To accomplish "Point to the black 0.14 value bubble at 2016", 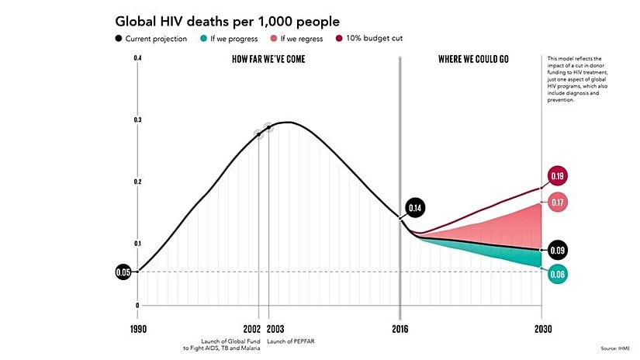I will click(x=415, y=209).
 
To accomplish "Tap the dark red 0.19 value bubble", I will click(x=557, y=176).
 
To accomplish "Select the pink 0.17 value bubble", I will click(x=557, y=202).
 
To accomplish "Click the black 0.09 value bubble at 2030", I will click(x=557, y=251).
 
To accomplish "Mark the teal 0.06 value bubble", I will click(x=557, y=274).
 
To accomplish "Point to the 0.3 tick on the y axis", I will click(x=137, y=120).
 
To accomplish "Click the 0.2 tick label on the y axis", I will click(x=137, y=182).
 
